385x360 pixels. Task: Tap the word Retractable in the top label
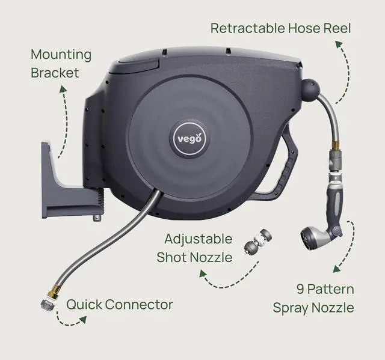(x=247, y=28)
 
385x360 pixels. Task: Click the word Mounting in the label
(x=61, y=55)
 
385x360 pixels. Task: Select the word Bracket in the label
(x=55, y=73)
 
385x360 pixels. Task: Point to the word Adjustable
(x=199, y=239)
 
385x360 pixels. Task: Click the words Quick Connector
(x=120, y=305)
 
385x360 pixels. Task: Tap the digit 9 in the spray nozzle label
(x=300, y=289)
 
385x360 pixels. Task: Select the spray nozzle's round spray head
(x=309, y=239)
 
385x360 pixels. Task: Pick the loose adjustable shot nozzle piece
(x=258, y=242)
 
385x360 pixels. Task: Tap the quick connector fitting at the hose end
(x=48, y=304)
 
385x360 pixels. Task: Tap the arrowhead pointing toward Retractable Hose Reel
(x=339, y=44)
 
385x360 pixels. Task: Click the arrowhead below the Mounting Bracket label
(x=63, y=89)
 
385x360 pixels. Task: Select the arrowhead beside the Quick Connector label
(x=83, y=319)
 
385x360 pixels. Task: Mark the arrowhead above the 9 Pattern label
(x=336, y=269)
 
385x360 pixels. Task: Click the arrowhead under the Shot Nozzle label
(x=202, y=273)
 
